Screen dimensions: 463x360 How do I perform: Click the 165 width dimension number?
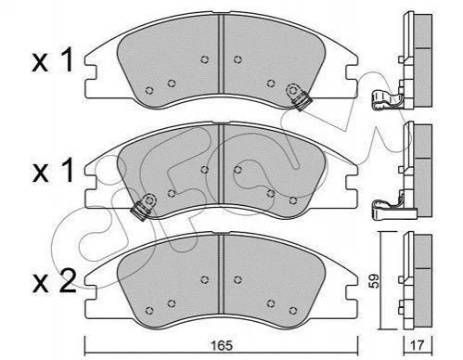(222, 345)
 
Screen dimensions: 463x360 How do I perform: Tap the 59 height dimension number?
(375, 281)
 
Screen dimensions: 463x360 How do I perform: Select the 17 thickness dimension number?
(418, 345)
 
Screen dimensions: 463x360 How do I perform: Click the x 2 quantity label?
(54, 281)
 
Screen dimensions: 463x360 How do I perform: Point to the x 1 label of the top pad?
(53, 60)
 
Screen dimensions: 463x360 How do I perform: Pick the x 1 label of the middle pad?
(53, 171)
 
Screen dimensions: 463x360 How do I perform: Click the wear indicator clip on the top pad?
(298, 96)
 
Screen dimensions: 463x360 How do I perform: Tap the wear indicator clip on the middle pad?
(145, 206)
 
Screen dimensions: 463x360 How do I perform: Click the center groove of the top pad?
(221, 53)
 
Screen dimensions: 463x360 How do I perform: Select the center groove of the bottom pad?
(221, 274)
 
